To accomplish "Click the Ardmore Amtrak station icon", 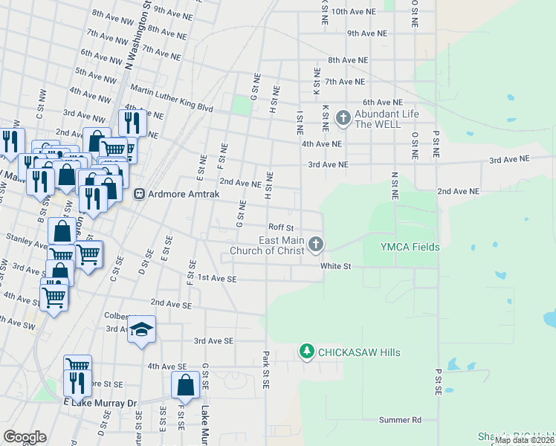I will (x=138, y=193).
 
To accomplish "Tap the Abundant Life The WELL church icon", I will (x=343, y=117).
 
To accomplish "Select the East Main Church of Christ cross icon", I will (x=316, y=243).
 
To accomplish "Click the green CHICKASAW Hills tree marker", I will (x=306, y=351).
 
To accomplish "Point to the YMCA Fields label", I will (x=410, y=248).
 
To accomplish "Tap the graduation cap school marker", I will (x=140, y=329).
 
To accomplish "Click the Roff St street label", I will (x=282, y=227).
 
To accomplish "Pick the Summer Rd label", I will (x=400, y=420).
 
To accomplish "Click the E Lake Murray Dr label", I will (x=101, y=402).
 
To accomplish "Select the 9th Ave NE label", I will (x=367, y=33).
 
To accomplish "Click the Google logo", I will (x=25, y=437).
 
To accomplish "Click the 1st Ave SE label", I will (x=217, y=279).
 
